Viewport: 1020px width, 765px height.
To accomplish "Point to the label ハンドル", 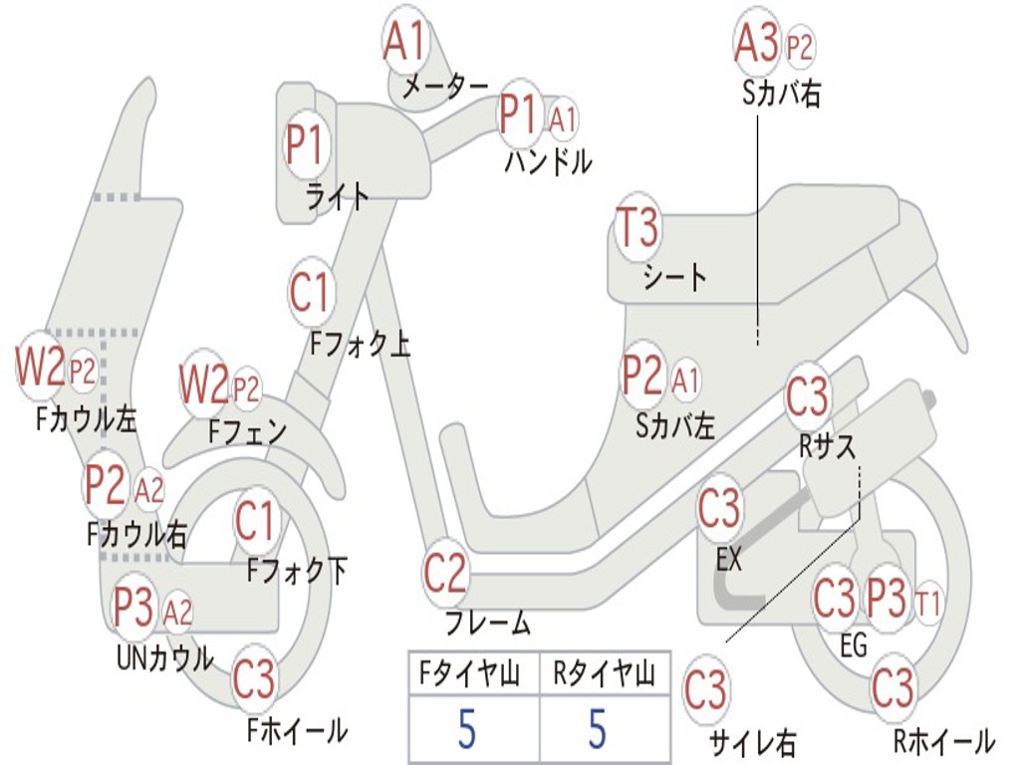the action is (547, 161).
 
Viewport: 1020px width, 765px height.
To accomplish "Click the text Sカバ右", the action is (782, 95).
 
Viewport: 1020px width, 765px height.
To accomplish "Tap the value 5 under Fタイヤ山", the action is (467, 730).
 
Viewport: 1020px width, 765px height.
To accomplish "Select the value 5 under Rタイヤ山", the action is (597, 730).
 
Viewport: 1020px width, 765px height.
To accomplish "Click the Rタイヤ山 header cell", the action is (604, 675).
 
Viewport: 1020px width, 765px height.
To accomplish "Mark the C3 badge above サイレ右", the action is (705, 690).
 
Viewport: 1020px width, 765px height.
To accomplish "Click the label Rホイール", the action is (943, 741).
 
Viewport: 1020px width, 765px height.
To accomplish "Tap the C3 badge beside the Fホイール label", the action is (254, 680).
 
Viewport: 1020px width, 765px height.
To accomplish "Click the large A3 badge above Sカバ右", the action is (756, 44).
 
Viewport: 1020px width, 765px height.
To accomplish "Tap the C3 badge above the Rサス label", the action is (807, 396).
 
